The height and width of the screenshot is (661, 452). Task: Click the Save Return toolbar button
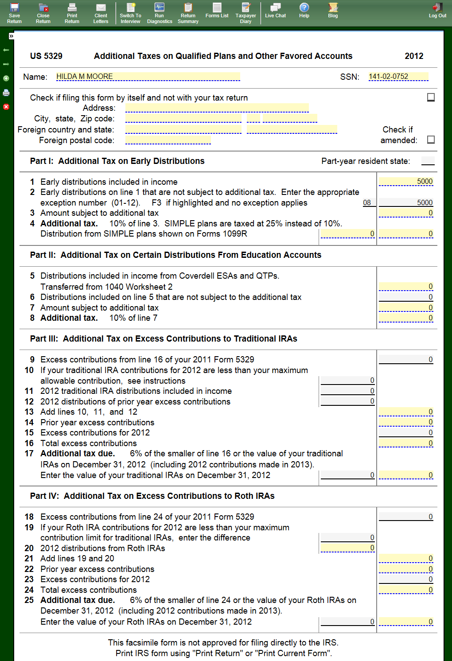14,13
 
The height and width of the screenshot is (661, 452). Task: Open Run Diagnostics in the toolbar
160,13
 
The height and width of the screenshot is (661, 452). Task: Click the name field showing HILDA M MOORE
148,77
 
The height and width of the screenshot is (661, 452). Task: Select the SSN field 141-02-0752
398,77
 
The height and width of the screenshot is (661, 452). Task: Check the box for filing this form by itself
431,97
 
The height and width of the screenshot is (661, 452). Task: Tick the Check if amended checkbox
431,140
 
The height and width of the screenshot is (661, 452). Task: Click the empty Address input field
217,108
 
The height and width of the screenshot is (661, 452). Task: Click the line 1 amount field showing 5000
405,182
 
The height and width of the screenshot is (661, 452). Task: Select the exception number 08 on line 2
367,203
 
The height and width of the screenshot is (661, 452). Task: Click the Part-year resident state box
428,161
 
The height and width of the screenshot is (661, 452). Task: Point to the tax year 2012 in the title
414,56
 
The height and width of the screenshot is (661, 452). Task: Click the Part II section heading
175,255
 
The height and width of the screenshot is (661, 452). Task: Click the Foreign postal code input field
168,140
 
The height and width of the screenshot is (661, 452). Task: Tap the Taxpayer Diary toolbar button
245,13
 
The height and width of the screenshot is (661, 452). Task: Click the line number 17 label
29,454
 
